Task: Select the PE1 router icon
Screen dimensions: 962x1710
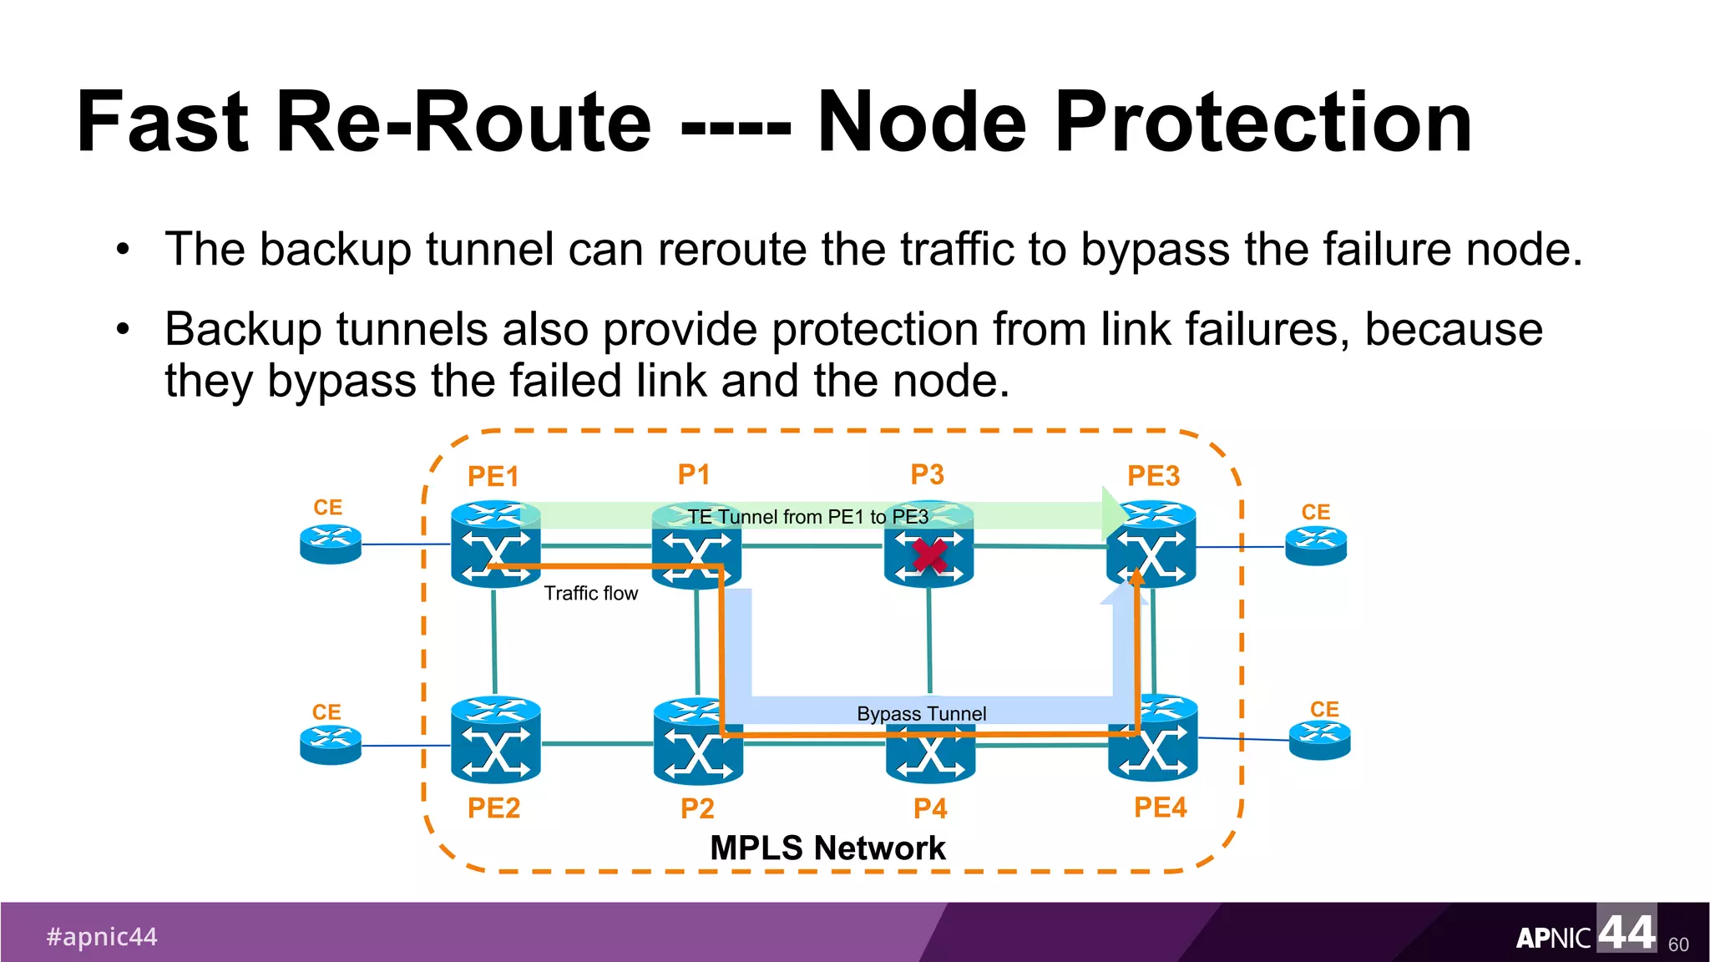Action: [495, 544]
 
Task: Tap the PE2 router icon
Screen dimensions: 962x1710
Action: [495, 741]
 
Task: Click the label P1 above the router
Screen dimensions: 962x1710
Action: [694, 474]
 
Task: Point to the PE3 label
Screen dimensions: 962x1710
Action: [1153, 476]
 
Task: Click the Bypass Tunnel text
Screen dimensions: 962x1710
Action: [921, 714]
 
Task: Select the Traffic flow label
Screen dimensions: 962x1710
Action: [590, 593]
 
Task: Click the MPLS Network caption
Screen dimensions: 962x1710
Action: [827, 848]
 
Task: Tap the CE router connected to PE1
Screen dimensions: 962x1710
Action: [331, 544]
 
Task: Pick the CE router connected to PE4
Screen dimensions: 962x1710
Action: [1319, 740]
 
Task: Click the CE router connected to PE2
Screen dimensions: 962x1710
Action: [331, 744]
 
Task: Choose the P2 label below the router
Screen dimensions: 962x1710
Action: [697, 808]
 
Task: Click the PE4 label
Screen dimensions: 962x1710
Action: [1160, 808]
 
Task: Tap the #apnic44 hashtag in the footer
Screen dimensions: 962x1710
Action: [102, 937]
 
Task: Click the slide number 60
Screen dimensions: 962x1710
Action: [1677, 944]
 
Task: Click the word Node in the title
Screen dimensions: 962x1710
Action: [921, 123]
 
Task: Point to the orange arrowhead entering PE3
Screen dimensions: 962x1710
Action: [1136, 577]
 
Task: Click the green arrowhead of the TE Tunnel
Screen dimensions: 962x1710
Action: [1114, 513]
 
